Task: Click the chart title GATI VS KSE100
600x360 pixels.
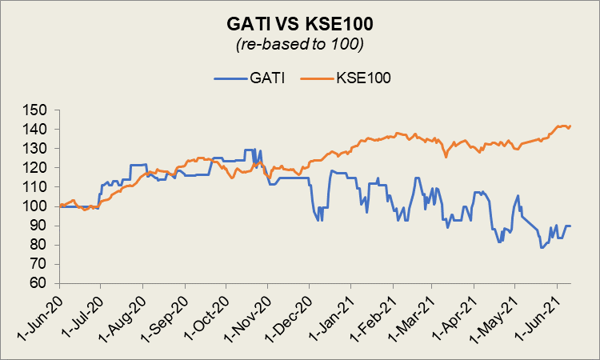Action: point(300,25)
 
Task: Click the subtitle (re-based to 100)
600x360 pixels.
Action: point(300,45)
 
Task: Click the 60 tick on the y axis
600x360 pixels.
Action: point(42,283)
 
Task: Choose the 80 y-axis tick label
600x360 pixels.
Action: point(42,245)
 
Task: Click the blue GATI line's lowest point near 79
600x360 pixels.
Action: point(542,247)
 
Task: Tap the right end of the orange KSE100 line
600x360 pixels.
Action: point(570,126)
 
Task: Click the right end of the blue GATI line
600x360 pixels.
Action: point(570,226)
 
